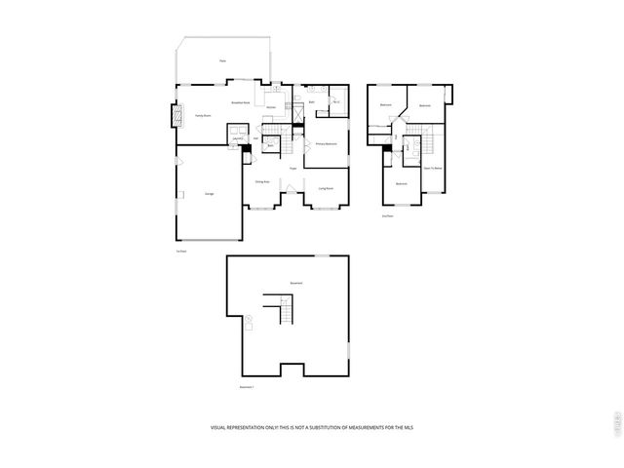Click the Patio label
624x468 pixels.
pos(222,61)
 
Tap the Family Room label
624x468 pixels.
pos(203,115)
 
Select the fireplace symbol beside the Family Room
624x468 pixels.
pos(177,117)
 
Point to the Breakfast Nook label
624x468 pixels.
pos(241,101)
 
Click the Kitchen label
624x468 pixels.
pos(271,107)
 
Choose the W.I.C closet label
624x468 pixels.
pos(335,101)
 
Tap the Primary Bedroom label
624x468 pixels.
pos(326,143)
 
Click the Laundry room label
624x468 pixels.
pos(237,138)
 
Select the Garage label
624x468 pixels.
pos(210,194)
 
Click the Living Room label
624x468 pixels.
pos(326,188)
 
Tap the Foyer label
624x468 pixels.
pos(292,169)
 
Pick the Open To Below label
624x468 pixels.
pos(432,169)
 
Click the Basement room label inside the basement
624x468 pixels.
pos(295,284)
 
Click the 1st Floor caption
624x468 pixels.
pos(181,252)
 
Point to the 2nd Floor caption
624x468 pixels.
pos(388,216)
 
